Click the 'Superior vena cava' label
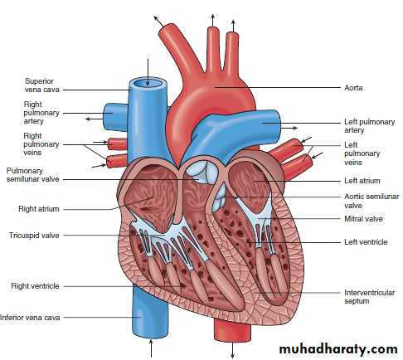tap(41, 85)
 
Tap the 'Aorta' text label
tap(353, 88)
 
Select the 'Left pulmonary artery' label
tap(369, 126)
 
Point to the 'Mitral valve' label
tap(363, 219)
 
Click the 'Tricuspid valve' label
tap(34, 236)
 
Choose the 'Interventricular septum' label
tap(369, 297)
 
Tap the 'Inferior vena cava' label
tap(30, 318)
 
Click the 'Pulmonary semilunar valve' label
tap(32, 175)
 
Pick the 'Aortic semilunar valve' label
tap(371, 201)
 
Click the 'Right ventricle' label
tap(35, 286)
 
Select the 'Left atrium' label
tap(362, 181)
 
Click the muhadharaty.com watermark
tap(338, 349)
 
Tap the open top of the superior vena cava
tap(148, 83)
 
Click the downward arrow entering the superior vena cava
tap(148, 72)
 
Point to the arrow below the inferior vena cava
tap(151, 348)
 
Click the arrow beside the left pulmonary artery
tap(289, 128)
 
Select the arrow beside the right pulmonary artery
tap(95, 119)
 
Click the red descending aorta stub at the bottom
tap(232, 330)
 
